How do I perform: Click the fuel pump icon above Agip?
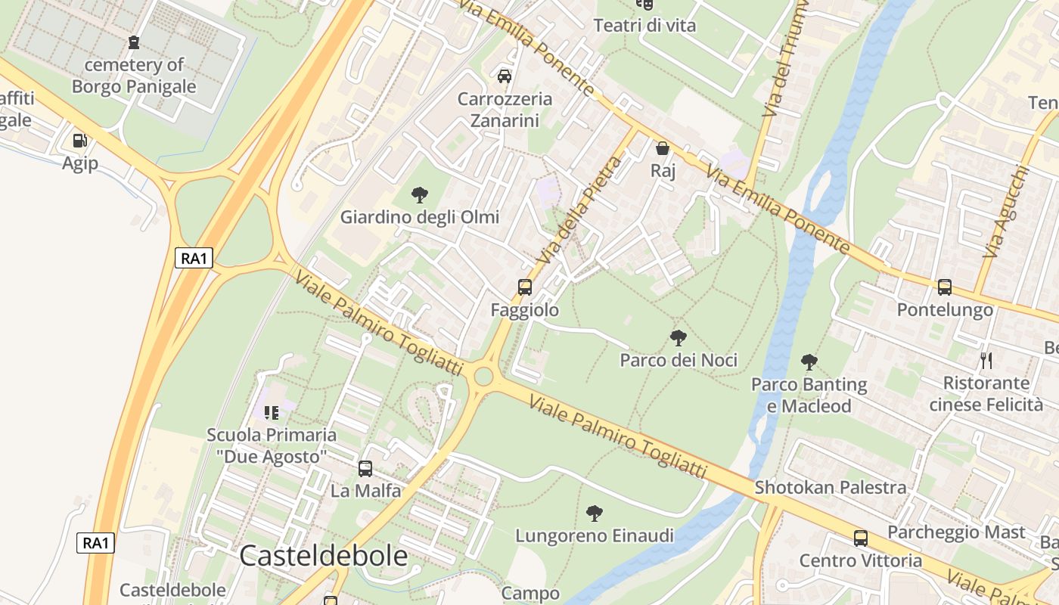pyautogui.click(x=79, y=140)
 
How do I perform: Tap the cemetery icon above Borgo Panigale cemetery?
pyautogui.click(x=134, y=42)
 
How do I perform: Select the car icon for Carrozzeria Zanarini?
pyautogui.click(x=505, y=76)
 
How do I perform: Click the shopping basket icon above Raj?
pyautogui.click(x=663, y=148)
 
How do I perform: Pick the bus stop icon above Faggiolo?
pyautogui.click(x=524, y=287)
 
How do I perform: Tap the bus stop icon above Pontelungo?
pyautogui.click(x=944, y=287)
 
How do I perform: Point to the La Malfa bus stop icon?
pyautogui.click(x=365, y=469)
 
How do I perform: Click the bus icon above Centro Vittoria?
pyautogui.click(x=861, y=538)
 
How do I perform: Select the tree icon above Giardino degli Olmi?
pyautogui.click(x=419, y=195)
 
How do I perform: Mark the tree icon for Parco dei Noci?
pyautogui.click(x=679, y=337)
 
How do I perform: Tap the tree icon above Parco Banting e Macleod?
pyautogui.click(x=809, y=361)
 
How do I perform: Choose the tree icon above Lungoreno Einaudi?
pyautogui.click(x=595, y=513)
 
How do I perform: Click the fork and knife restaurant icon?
pyautogui.click(x=986, y=360)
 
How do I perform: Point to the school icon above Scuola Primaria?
pyautogui.click(x=272, y=413)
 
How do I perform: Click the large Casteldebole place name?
pyautogui.click(x=323, y=557)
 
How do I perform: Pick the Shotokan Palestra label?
pyautogui.click(x=830, y=488)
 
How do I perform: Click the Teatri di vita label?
pyautogui.click(x=644, y=26)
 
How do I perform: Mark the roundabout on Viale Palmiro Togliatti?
pyautogui.click(x=483, y=376)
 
